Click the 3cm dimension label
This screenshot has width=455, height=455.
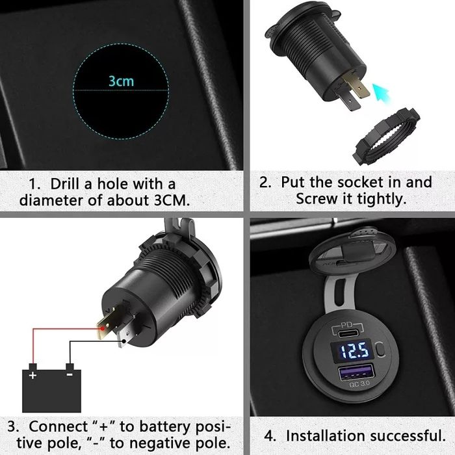[x=120, y=82]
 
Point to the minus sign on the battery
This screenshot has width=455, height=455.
[x=70, y=375]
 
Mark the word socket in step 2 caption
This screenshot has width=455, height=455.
[x=367, y=182]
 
